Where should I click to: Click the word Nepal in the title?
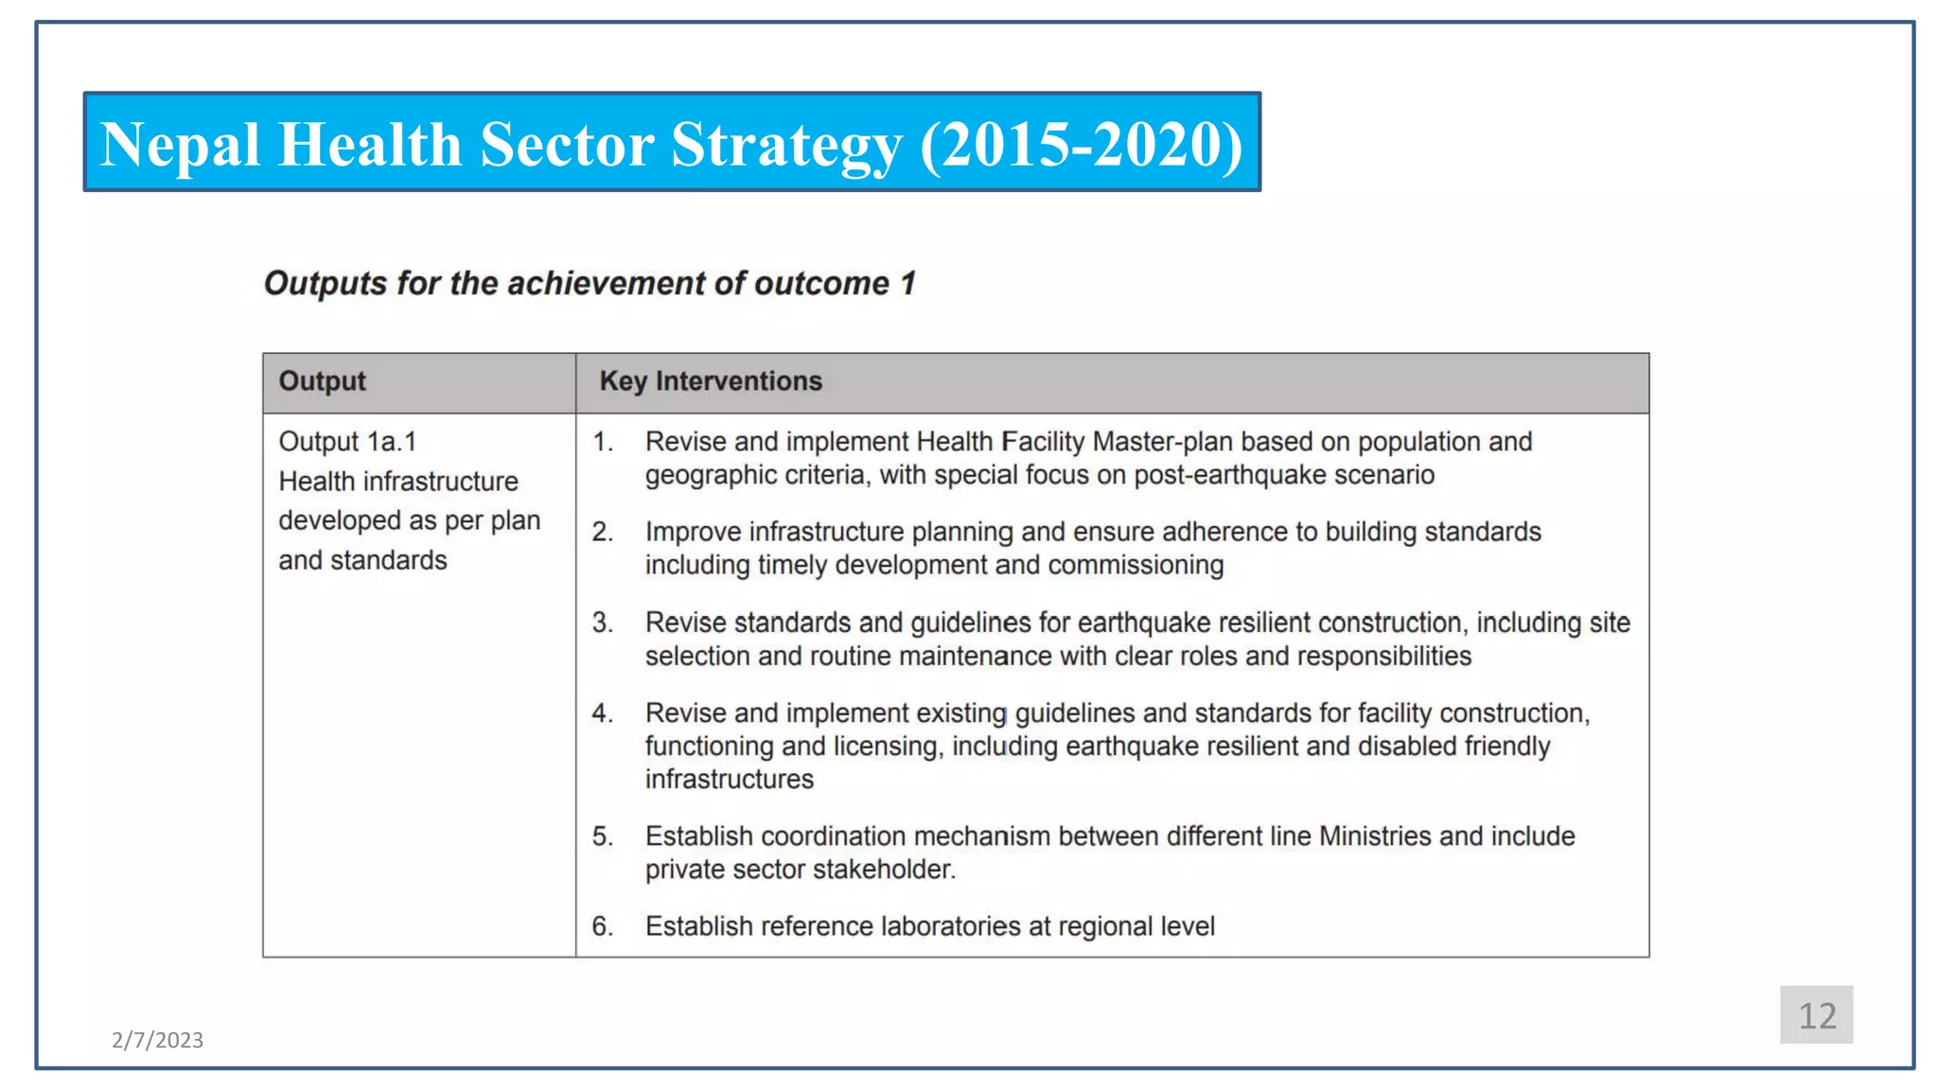pos(180,145)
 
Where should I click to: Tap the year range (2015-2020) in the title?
pos(1081,145)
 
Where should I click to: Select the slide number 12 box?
pos(1816,1015)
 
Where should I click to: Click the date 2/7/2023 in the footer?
pos(157,1040)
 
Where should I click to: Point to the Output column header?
pos(322,381)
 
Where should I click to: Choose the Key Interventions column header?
pos(711,381)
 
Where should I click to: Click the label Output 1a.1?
pos(347,442)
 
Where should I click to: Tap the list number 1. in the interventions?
pos(603,442)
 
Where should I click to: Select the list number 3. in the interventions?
pos(603,623)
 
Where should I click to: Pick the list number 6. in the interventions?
pos(603,926)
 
